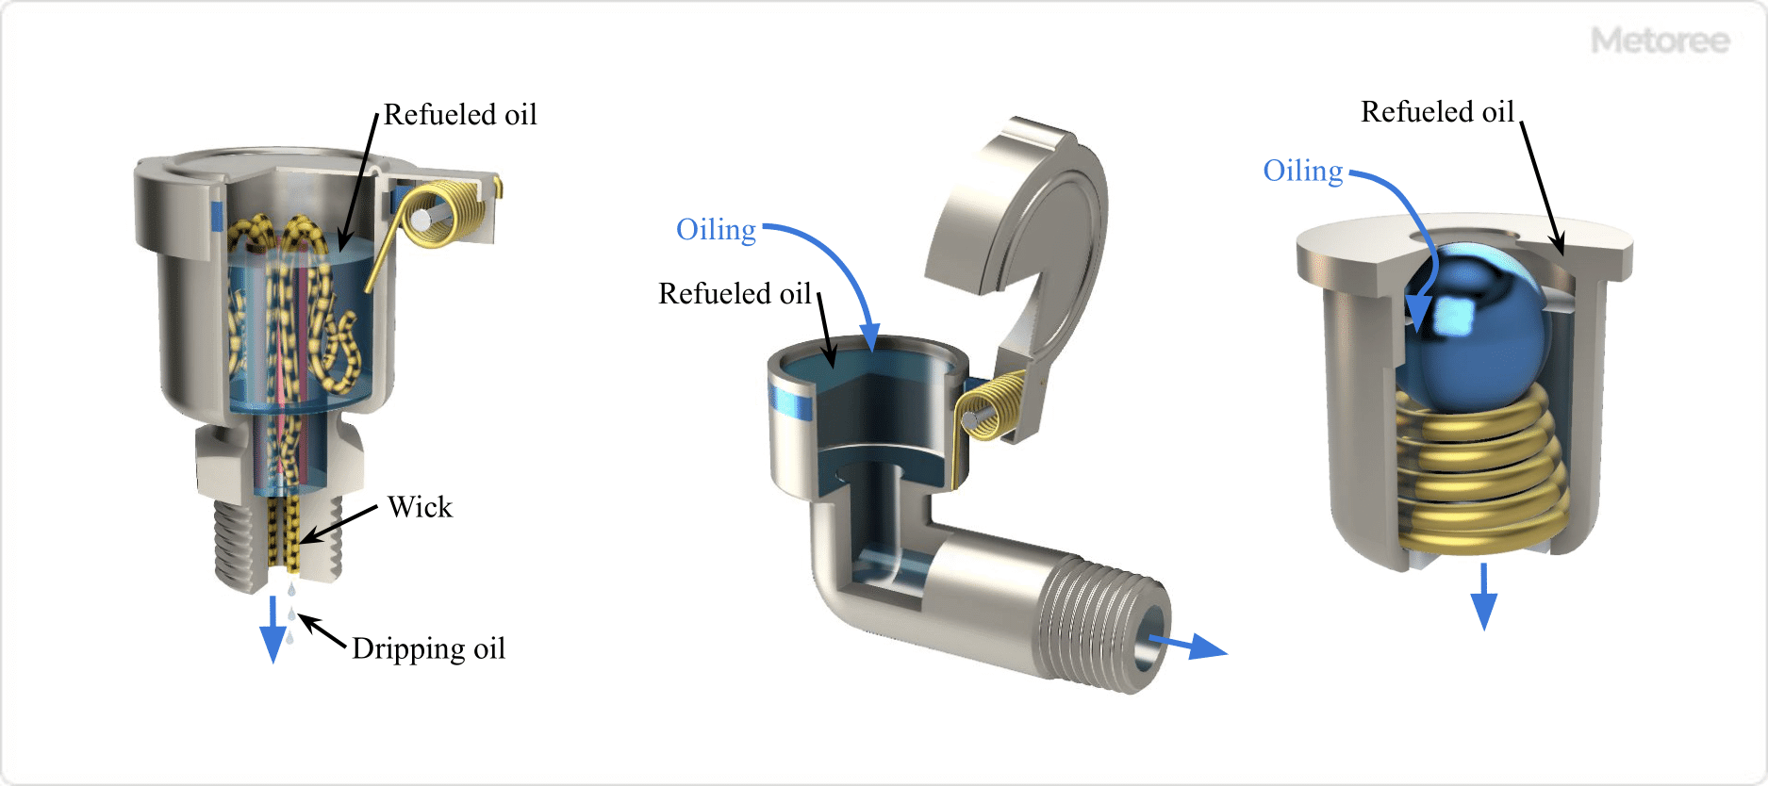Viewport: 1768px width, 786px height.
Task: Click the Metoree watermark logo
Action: [1660, 41]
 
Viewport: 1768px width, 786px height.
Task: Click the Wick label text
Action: [420, 507]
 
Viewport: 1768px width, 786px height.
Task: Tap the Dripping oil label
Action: [428, 648]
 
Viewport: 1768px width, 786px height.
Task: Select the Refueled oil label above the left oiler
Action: [460, 115]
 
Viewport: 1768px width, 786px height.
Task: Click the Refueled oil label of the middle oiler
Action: [735, 294]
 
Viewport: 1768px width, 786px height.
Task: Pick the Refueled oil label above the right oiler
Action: [1437, 112]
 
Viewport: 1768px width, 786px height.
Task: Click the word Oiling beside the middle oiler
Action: [716, 230]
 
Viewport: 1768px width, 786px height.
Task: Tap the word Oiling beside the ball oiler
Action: [1302, 171]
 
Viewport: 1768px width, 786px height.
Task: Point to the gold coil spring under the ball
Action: [1480, 471]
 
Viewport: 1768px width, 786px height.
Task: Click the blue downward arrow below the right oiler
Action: [1483, 598]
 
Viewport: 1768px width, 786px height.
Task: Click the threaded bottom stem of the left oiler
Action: [236, 547]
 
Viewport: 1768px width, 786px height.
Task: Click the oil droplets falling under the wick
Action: [291, 613]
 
